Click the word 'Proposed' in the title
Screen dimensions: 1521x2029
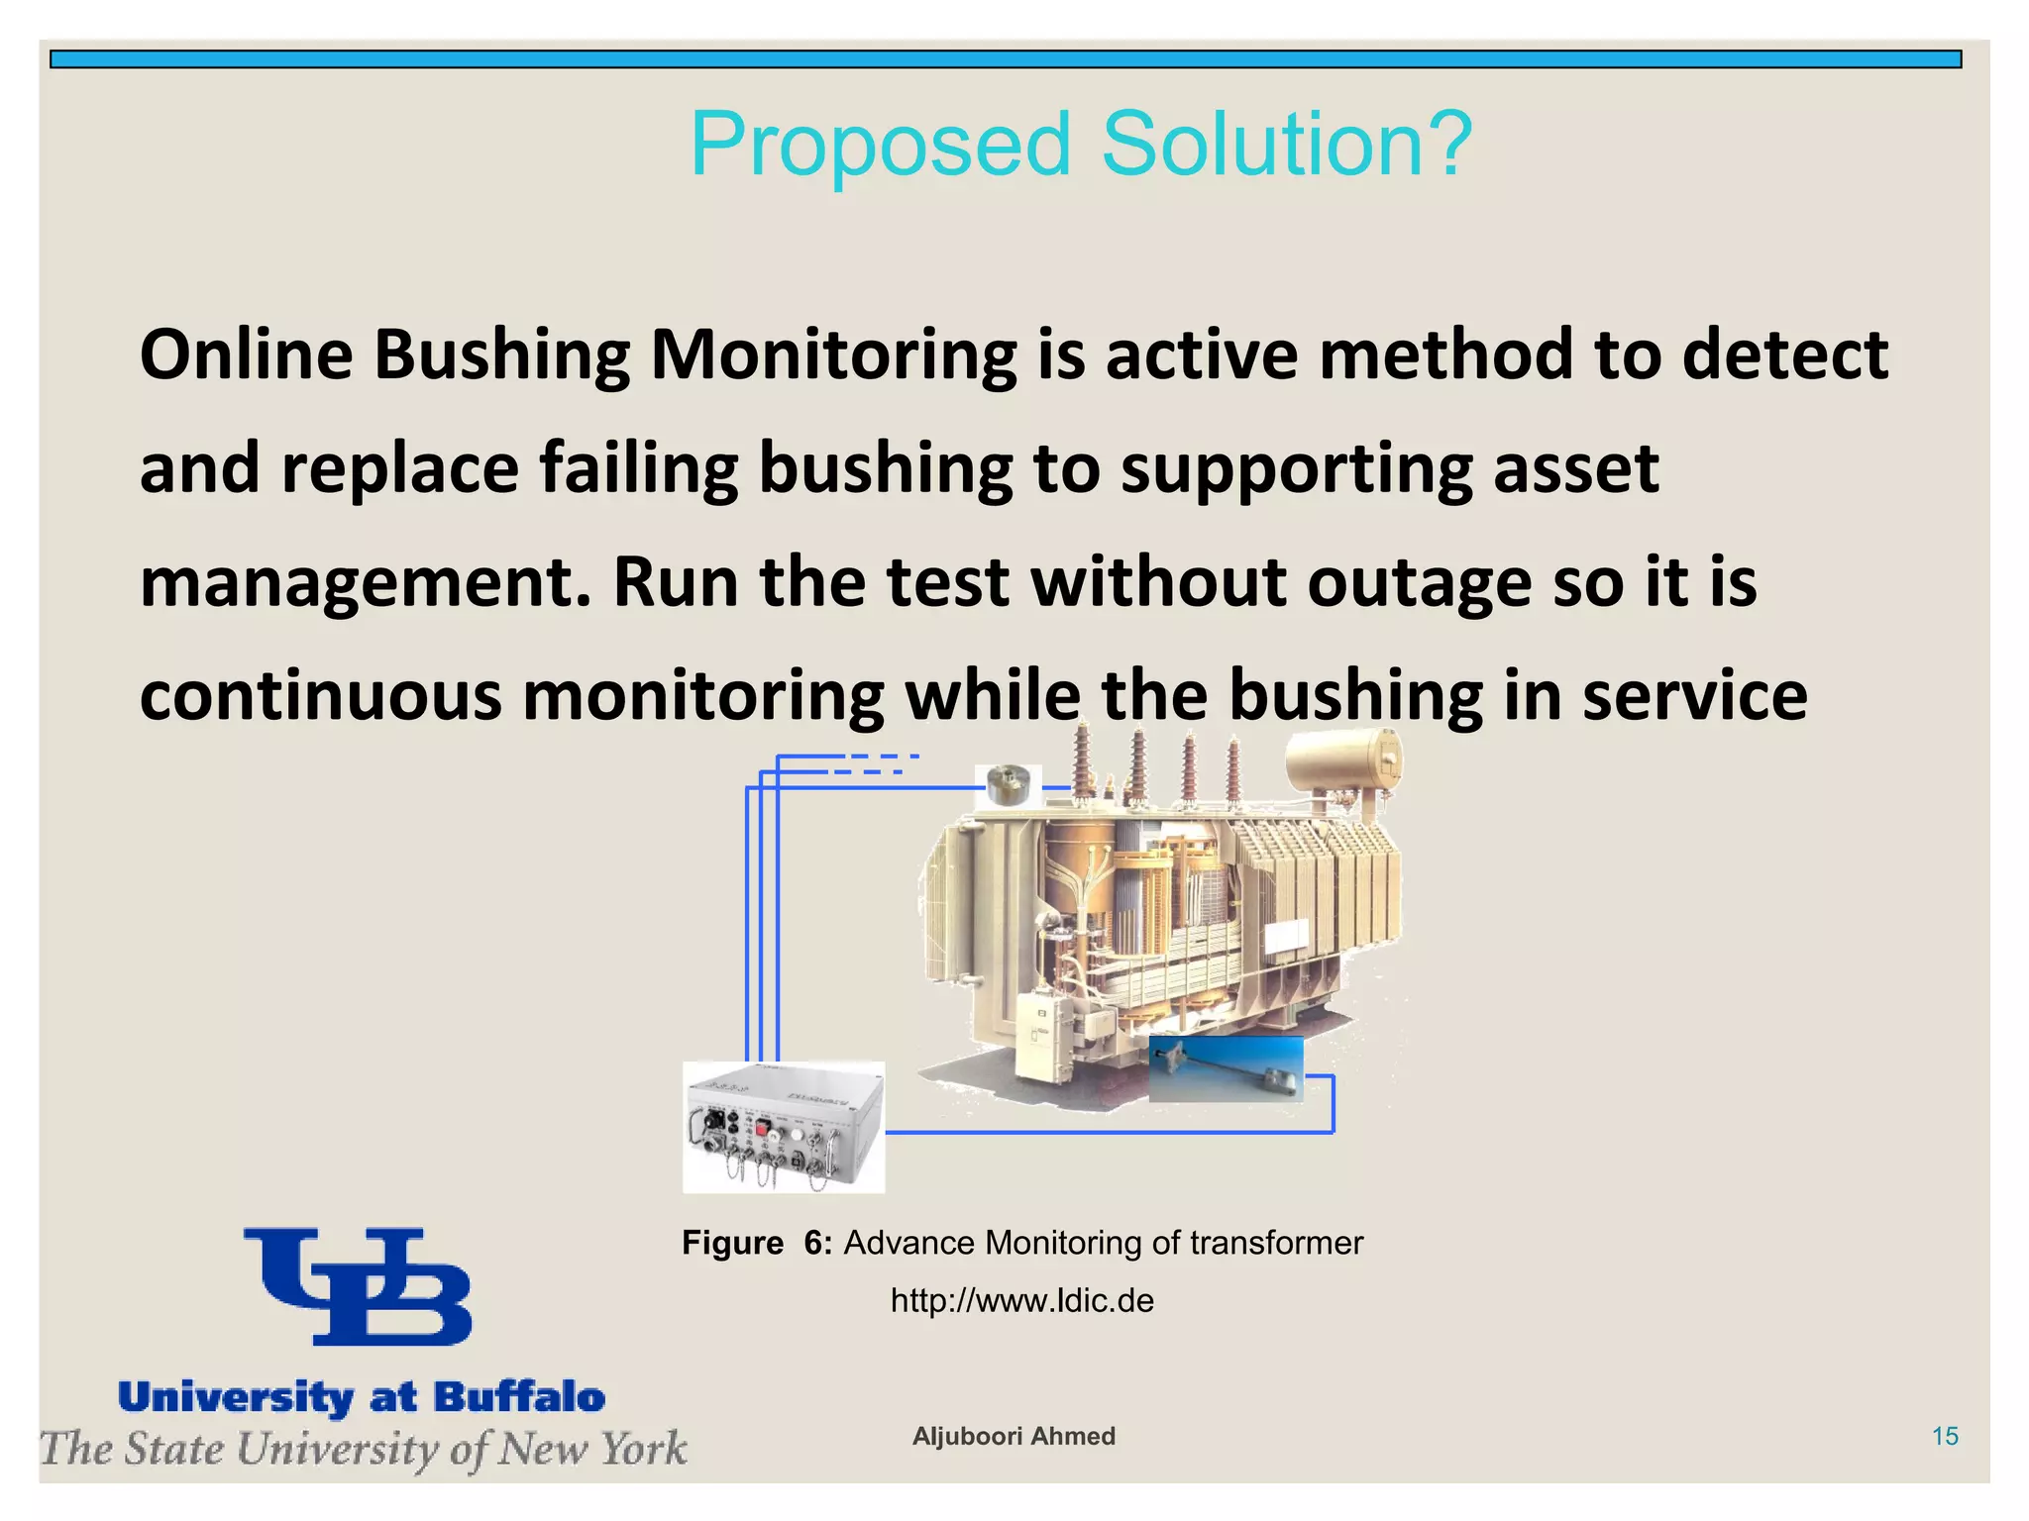pos(881,146)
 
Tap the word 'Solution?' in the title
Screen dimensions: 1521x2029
pos(1286,146)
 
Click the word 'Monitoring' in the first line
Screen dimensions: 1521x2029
pos(833,356)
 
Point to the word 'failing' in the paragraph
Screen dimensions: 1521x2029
pos(639,469)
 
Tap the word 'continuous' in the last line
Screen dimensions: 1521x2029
pos(321,695)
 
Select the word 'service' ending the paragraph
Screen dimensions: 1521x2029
pos(1694,695)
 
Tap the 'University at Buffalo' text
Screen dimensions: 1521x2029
pos(362,1397)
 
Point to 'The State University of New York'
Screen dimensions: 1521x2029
pos(364,1449)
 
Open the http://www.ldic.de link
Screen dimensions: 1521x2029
pos(1021,1300)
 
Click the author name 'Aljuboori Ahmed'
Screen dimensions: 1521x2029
pos(1014,1436)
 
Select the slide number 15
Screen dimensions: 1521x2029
pos(1945,1436)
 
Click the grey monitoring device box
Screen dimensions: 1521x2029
pos(784,1127)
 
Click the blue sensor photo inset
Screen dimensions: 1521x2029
pos(1226,1069)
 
